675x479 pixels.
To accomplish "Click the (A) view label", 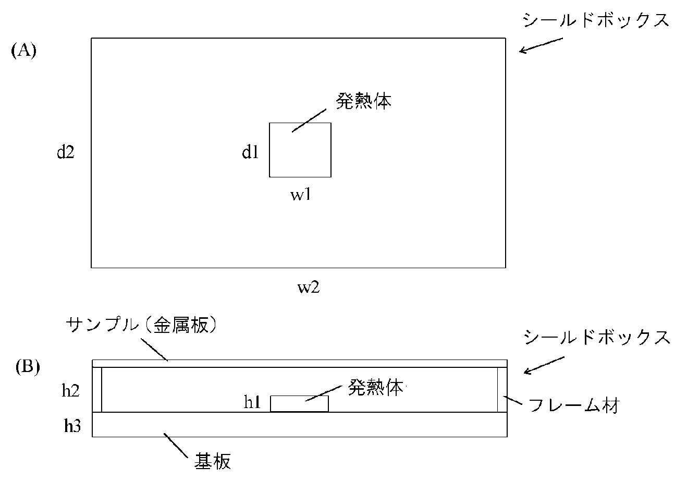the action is click(24, 50).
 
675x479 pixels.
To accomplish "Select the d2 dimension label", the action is click(65, 152).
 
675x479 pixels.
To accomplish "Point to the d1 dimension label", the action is click(250, 152).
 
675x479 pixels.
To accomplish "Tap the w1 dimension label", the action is click(300, 195).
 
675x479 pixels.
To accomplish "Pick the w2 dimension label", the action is click(309, 287).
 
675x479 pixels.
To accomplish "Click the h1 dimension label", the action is click(252, 402).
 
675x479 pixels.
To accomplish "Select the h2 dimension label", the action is click(70, 391).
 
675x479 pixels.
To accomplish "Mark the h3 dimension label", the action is click(72, 426).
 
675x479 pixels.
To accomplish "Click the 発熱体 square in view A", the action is click(300, 150).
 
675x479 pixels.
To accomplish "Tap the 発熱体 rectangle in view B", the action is click(299, 403).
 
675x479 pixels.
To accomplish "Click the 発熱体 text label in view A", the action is click(363, 101).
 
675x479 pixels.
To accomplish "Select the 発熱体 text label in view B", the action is click(375, 387).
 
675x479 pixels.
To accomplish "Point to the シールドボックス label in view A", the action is click(596, 20).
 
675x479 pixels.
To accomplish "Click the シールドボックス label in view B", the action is click(597, 337).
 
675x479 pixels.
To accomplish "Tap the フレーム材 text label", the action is click(574, 405).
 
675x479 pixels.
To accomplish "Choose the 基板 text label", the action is click(213, 461).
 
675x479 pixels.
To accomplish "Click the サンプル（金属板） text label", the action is click(142, 326).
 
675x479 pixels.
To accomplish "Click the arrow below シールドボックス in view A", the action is click(541, 45).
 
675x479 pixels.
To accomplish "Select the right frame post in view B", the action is click(502, 389).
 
